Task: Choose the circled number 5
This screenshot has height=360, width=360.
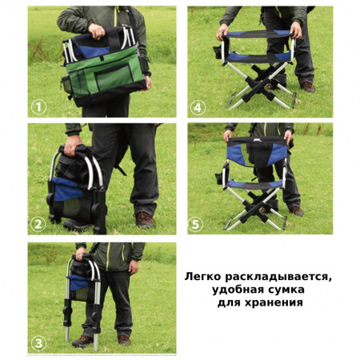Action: [198, 223]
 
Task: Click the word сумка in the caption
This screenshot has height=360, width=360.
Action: [292, 290]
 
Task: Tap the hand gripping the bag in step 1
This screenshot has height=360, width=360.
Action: [98, 30]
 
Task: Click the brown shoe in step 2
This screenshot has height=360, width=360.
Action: [144, 218]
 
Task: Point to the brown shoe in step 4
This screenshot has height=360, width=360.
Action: [307, 86]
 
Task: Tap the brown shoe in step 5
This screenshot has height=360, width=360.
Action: [296, 210]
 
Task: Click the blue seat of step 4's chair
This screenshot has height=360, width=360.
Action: [256, 57]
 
